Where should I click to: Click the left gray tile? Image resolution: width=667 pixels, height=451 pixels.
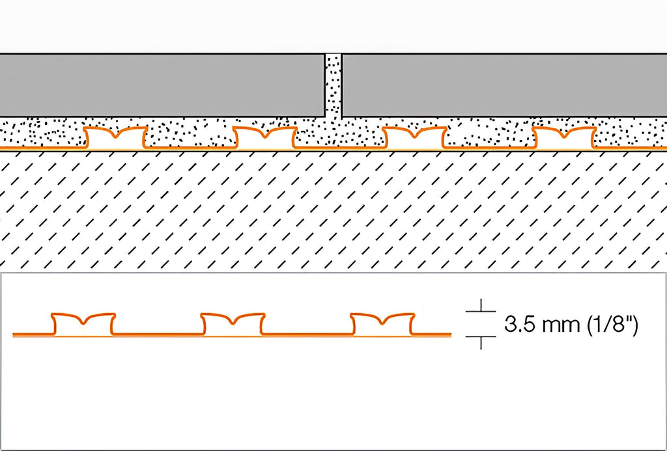[x=162, y=85]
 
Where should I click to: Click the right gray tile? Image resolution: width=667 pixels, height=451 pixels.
[x=505, y=85]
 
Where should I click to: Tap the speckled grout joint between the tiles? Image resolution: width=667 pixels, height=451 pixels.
[x=333, y=87]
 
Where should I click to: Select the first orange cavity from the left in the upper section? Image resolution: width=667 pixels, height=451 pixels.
[x=116, y=137]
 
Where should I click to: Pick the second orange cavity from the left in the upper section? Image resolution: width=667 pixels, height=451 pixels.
[x=266, y=137]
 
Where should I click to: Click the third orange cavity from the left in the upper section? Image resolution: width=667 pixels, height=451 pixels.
[x=415, y=137]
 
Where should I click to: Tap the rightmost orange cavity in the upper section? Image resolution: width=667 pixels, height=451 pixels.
[x=565, y=137]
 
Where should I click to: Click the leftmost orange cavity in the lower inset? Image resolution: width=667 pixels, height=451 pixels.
[x=84, y=324]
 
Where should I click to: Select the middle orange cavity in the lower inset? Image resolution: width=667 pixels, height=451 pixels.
[x=233, y=324]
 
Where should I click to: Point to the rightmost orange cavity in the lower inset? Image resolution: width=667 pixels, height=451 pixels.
[x=382, y=324]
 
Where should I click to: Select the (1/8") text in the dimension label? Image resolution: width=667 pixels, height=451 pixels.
[x=611, y=325]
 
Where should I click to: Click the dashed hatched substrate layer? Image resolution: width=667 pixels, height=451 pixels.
[x=333, y=210]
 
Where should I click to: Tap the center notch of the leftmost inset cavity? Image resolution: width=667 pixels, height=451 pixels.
[x=84, y=321]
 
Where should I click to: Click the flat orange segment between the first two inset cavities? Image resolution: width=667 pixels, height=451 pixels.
[x=158, y=334]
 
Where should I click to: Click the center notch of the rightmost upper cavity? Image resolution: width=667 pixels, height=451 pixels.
[x=565, y=135]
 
